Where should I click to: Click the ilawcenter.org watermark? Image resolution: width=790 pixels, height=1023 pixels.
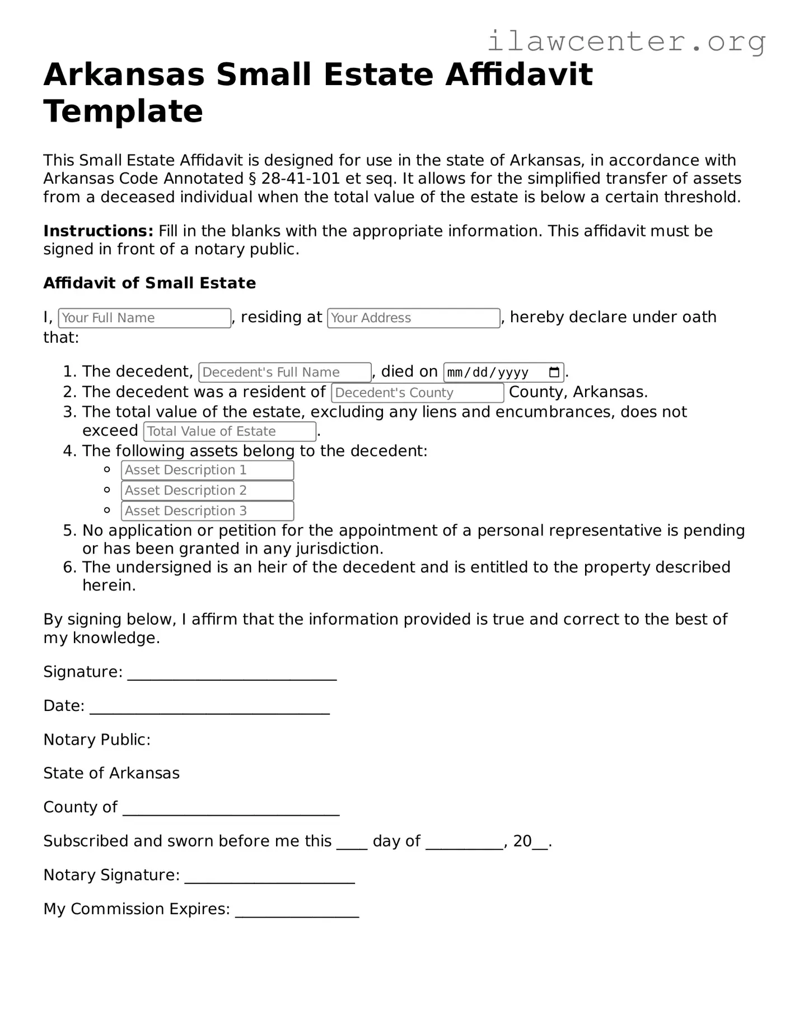[626, 41]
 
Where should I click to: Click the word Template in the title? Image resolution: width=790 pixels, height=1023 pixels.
[123, 111]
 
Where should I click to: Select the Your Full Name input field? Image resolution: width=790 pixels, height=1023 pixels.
[144, 318]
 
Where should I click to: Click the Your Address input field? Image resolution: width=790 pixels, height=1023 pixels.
[413, 318]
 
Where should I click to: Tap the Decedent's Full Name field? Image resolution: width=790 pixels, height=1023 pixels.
[284, 372]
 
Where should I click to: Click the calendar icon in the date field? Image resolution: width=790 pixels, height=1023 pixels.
[554, 372]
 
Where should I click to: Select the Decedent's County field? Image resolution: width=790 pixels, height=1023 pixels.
[417, 393]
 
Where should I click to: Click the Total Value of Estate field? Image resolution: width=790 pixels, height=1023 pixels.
[230, 431]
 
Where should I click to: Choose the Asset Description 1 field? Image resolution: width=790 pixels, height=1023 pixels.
[207, 470]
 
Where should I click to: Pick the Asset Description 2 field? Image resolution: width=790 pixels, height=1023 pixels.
[207, 490]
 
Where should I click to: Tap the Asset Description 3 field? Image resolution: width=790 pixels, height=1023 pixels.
[207, 510]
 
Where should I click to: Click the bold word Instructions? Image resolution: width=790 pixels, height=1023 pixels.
[98, 231]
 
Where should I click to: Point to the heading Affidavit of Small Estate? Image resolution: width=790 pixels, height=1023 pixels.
[149, 283]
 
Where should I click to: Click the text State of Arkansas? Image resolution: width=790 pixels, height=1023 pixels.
[111, 773]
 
